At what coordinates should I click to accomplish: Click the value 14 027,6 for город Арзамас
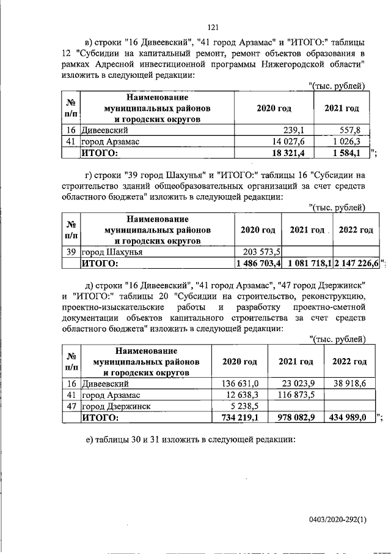point(288,141)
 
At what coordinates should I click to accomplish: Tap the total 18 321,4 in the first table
point(288,153)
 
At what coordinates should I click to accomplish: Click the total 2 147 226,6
point(356,263)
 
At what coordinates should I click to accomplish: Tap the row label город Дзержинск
point(116,406)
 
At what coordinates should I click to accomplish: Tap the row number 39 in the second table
point(70,252)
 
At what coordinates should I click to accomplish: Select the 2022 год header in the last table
point(349,361)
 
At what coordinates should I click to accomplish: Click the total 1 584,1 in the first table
point(349,153)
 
